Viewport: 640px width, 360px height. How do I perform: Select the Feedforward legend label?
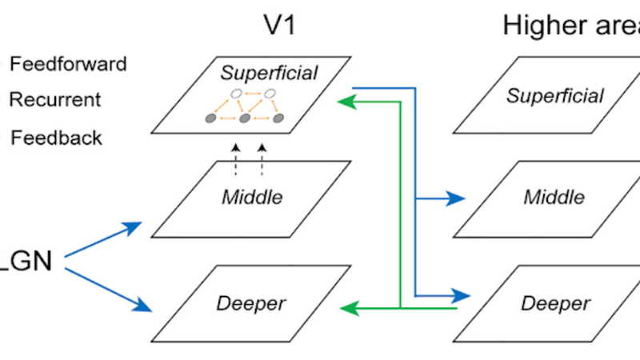pos(67,63)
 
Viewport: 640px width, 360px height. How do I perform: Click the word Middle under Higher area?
pos(554,197)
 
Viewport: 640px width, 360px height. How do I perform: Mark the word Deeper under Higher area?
pos(555,304)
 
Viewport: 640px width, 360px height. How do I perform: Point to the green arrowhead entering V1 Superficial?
pos(345,102)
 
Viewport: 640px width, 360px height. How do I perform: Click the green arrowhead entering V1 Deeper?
pos(345,307)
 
